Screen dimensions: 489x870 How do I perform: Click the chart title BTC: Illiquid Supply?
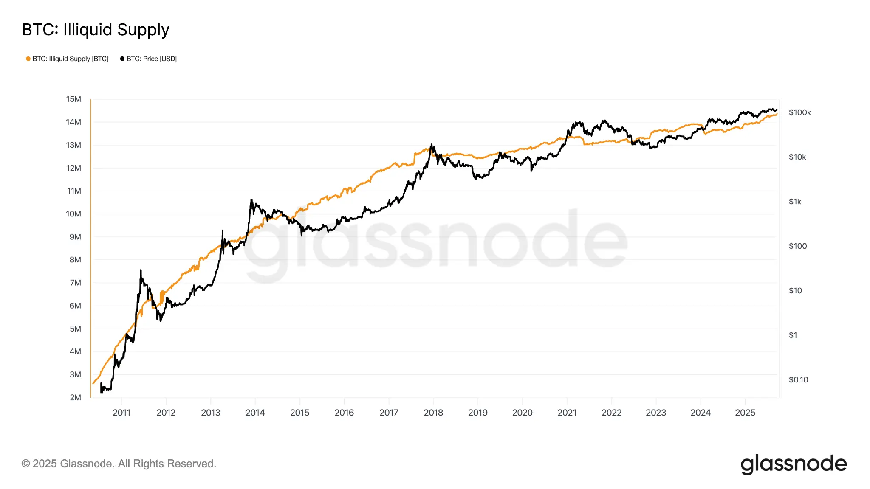[96, 30]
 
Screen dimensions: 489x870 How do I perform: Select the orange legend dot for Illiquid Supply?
[28, 59]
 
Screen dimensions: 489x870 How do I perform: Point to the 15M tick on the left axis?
[73, 99]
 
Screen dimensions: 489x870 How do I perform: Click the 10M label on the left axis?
[73, 214]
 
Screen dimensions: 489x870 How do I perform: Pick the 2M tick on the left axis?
[75, 398]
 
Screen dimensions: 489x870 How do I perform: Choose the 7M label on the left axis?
[75, 283]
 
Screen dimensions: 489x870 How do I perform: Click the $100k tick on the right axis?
[799, 112]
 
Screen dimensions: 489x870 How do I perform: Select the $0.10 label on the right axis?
[798, 380]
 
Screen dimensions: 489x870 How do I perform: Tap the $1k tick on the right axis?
[795, 202]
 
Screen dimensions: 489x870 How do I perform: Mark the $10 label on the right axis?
[795, 291]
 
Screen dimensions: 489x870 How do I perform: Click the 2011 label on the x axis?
[121, 413]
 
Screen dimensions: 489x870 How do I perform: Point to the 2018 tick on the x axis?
[433, 413]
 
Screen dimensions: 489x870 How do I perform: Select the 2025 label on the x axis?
[745, 413]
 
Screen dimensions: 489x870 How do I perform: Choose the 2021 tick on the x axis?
[567, 413]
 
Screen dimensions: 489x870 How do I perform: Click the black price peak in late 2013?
[251, 200]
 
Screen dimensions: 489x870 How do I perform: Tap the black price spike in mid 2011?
[141, 270]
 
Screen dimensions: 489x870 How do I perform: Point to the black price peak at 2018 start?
[432, 145]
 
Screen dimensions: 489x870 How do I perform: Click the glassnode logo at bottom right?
[794, 464]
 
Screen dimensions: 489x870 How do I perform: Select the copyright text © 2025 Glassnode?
[119, 464]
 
